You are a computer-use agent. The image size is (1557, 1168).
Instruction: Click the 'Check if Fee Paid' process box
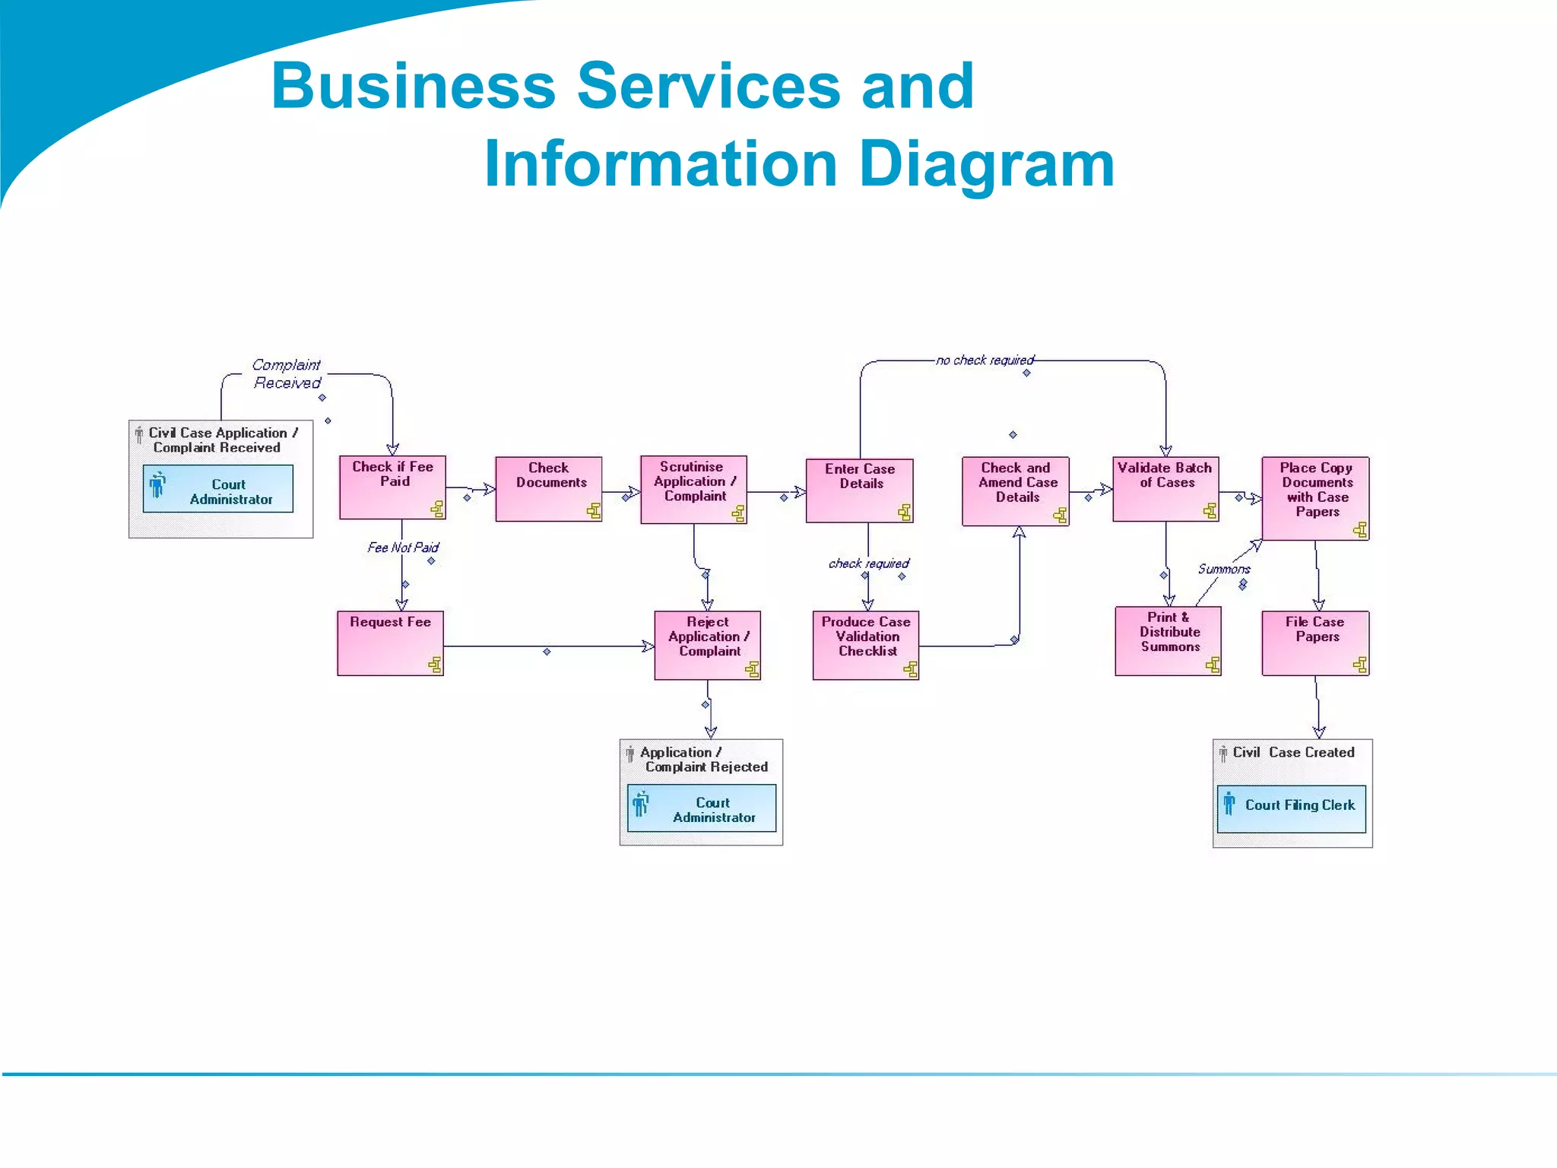tap(392, 487)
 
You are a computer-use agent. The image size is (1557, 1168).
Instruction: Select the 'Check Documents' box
tap(548, 489)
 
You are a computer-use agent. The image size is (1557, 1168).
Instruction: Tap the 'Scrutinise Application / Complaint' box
tap(693, 490)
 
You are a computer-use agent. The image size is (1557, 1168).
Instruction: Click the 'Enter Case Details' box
tap(859, 490)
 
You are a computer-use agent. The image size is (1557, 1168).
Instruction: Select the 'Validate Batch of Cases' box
tap(1165, 489)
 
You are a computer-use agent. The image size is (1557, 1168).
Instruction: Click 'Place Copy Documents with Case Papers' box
tap(1315, 498)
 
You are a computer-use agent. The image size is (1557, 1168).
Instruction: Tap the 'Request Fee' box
tap(390, 643)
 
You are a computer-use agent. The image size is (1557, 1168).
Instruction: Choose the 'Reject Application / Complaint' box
tap(707, 645)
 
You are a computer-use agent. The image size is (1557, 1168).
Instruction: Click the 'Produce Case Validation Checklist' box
tap(865, 645)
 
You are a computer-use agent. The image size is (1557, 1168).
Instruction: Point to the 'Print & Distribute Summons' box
tap(1168, 640)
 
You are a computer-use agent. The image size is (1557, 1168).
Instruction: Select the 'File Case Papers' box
tap(1315, 643)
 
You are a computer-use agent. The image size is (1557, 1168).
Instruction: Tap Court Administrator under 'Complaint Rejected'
tap(701, 808)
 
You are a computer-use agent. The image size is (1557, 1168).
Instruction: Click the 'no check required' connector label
tap(985, 360)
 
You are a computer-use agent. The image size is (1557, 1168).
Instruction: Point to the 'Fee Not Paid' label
tap(403, 547)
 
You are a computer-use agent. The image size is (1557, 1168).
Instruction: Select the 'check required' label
tap(868, 563)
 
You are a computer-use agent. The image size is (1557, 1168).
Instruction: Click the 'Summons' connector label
tap(1223, 569)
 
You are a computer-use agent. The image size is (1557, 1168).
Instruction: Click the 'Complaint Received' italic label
tap(287, 374)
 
